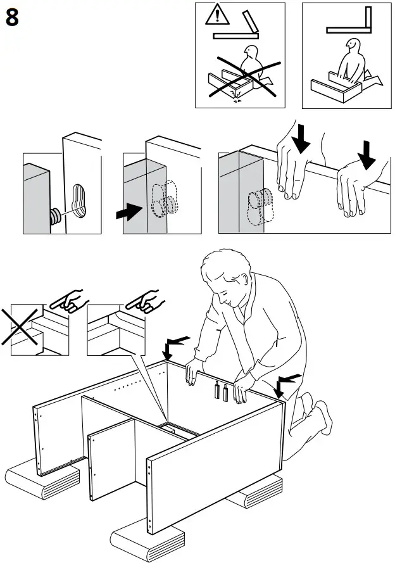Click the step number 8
(x=12, y=18)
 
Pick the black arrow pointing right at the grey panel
(x=130, y=213)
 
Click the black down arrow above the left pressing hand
(x=301, y=138)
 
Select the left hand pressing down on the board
(x=294, y=171)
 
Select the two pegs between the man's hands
(x=221, y=391)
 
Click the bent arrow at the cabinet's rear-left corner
(x=174, y=345)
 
